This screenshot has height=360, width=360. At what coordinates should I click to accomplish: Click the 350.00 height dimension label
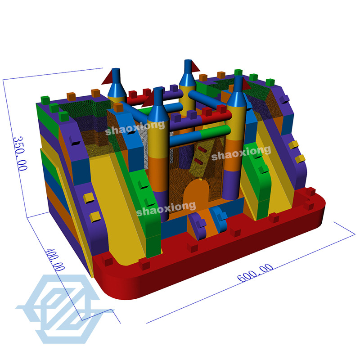[21, 153]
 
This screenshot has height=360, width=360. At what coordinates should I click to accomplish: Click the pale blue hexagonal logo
[63, 304]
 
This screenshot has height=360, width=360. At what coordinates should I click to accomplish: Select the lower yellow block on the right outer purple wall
[299, 159]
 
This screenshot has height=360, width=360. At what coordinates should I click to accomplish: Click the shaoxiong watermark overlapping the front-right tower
[241, 153]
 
